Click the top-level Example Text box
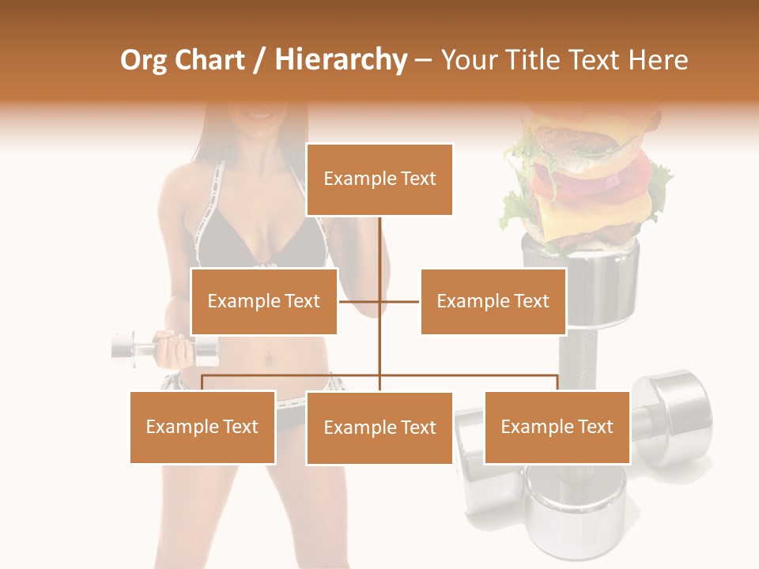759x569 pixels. coord(379,179)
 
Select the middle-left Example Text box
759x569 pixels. coord(264,301)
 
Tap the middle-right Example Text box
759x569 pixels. coord(493,301)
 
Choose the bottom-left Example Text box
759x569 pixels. coord(202,427)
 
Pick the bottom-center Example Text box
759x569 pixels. coord(379,428)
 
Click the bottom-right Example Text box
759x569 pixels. coord(557,427)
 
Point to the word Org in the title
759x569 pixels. coord(144,60)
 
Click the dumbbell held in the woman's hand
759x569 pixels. coord(138,349)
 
